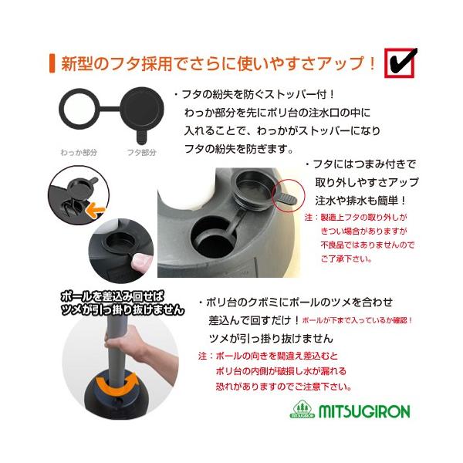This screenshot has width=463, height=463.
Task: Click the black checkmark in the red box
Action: pyautogui.click(x=402, y=62)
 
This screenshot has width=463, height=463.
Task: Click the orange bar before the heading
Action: pyautogui.click(x=52, y=63)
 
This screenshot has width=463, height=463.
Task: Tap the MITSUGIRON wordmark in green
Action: pyautogui.click(x=364, y=411)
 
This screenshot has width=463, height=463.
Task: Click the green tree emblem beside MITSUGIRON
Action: pyautogui.click(x=302, y=409)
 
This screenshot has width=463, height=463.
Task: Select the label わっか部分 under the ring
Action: pyautogui.click(x=79, y=152)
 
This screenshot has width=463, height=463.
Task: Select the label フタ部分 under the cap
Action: pyautogui.click(x=141, y=152)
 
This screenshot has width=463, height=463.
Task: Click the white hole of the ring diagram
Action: pyautogui.click(x=79, y=109)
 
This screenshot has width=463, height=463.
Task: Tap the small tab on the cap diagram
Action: pyautogui.click(x=141, y=137)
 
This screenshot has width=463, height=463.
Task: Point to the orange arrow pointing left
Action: pyautogui.click(x=95, y=210)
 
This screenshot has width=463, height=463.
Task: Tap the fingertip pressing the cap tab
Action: pyautogui.click(x=140, y=261)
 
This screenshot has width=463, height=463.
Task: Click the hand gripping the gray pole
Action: pyautogui.click(x=124, y=342)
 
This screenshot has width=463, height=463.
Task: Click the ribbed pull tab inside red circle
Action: pyautogui.click(x=287, y=199)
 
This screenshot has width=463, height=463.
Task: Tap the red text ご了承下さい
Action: pyautogui.click(x=346, y=259)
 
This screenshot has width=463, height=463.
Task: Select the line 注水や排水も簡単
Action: pyautogui.click(x=360, y=201)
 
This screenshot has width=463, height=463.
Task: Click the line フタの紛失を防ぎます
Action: pyautogui.click(x=238, y=148)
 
